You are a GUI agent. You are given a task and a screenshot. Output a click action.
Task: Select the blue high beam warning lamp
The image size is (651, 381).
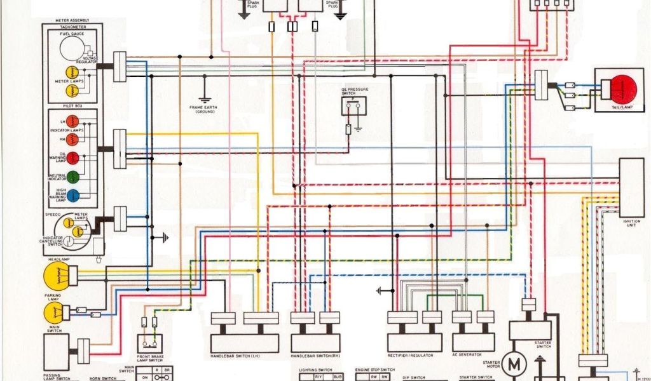[73, 196]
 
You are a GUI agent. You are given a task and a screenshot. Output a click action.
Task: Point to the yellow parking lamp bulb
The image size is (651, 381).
[55, 312]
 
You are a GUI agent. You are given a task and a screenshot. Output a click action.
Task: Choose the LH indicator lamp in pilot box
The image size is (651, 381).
[73, 121]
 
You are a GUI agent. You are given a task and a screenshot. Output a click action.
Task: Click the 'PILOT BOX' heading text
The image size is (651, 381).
[73, 106]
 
